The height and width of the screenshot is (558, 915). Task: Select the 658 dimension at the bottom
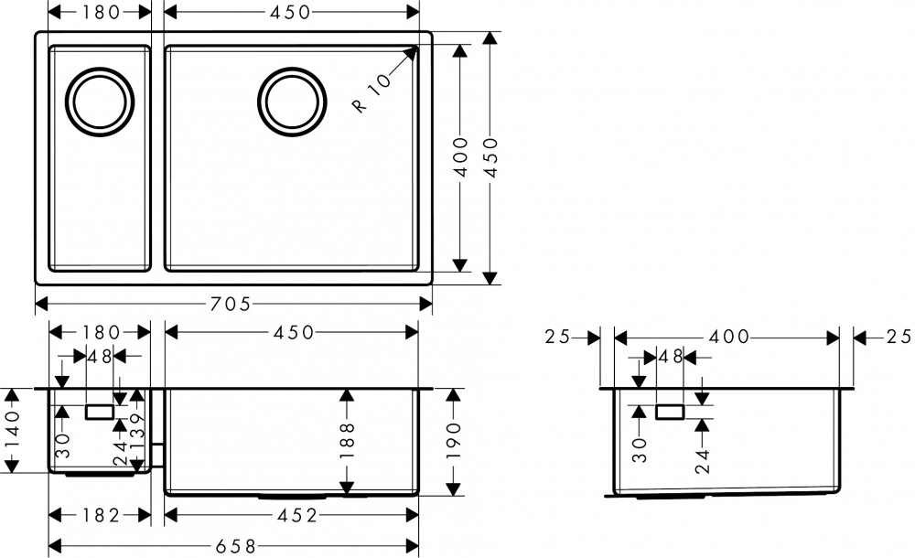[236, 547]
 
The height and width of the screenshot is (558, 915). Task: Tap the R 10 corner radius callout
[371, 92]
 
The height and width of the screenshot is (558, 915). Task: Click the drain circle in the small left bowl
[100, 102]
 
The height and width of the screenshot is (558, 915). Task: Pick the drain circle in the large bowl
[292, 102]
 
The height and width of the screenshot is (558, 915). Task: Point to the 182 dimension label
[101, 515]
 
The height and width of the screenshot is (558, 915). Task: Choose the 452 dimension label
[296, 515]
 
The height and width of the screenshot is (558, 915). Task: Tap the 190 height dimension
[454, 441]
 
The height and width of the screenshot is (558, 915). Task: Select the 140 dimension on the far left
[13, 430]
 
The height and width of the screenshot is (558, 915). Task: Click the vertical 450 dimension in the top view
[490, 157]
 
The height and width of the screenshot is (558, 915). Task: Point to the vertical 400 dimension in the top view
[461, 157]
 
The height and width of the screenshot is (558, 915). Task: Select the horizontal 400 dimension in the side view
[728, 337]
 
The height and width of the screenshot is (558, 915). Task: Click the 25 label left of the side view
[556, 337]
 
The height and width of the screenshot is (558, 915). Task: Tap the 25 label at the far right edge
[899, 337]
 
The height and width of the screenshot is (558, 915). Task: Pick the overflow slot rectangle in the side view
[670, 412]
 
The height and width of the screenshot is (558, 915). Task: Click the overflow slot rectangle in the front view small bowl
[99, 412]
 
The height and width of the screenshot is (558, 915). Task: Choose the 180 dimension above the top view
[101, 12]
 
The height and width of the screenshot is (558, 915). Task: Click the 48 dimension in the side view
[670, 356]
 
